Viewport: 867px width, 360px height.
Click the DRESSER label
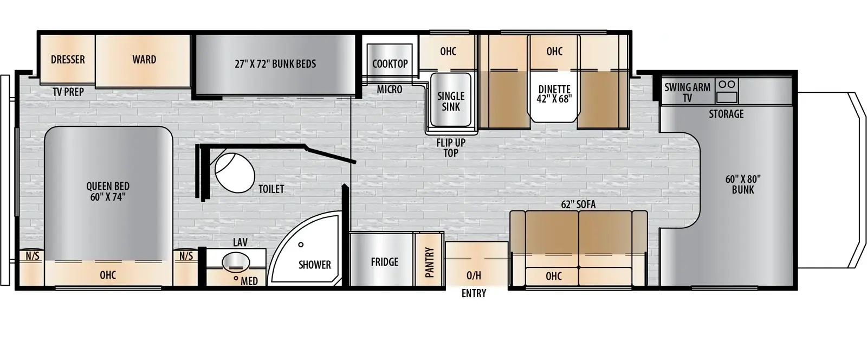68,60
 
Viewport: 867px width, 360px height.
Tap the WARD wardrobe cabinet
144,60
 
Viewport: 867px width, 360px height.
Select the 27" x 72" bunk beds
275,64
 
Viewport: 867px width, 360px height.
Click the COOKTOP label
390,64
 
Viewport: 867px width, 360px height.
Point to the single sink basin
450,101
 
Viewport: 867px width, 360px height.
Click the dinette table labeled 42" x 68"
554,95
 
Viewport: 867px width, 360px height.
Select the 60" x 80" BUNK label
742,184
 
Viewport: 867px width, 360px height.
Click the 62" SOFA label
578,204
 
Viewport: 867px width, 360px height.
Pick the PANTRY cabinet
429,262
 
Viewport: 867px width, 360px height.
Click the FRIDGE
384,262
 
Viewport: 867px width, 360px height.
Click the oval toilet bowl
235,173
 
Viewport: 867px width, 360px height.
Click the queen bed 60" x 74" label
108,191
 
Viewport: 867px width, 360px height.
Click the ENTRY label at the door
474,293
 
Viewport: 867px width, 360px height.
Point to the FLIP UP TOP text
451,148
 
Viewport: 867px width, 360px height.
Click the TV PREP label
68,92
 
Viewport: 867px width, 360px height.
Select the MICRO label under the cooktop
390,89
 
